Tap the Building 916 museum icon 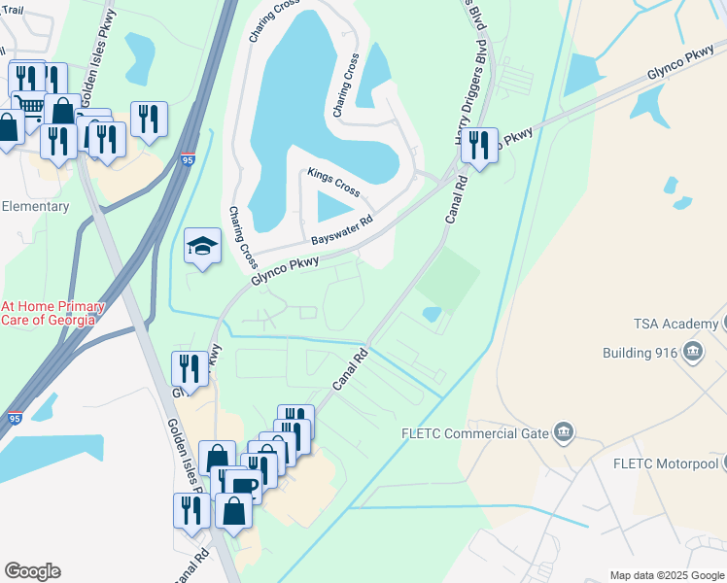[693, 352]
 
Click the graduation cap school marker [202, 247]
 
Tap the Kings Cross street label [334, 179]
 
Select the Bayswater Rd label [342, 231]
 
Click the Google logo [32, 571]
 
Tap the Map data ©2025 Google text [666, 575]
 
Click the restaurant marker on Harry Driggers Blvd [478, 146]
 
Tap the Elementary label [35, 206]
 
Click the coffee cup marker [244, 486]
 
